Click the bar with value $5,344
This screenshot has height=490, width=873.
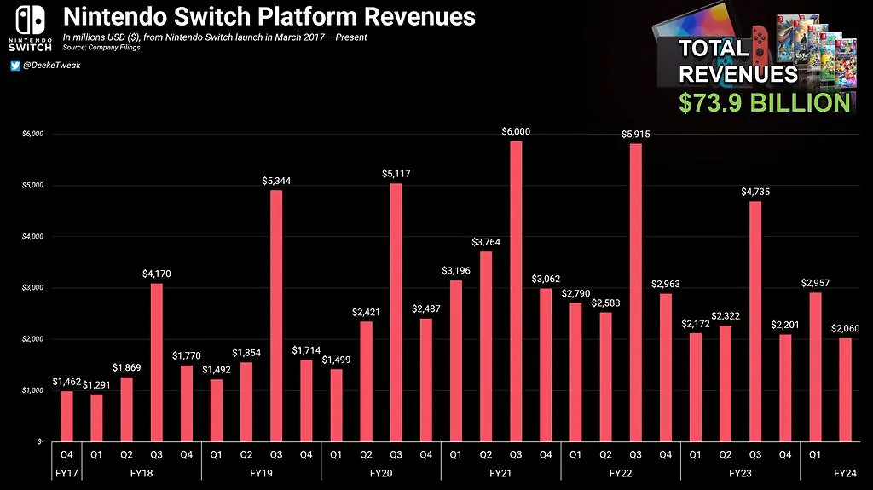pyautogui.click(x=275, y=315)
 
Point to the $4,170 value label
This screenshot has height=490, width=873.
pyautogui.click(x=156, y=274)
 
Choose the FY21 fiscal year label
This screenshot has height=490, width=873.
pyautogui.click(x=500, y=471)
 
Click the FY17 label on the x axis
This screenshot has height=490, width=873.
pyautogui.click(x=66, y=471)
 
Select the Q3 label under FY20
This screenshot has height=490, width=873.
pyautogui.click(x=396, y=454)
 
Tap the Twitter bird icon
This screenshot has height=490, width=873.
pyautogui.click(x=15, y=66)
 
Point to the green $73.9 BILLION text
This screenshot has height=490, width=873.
pyautogui.click(x=764, y=103)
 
